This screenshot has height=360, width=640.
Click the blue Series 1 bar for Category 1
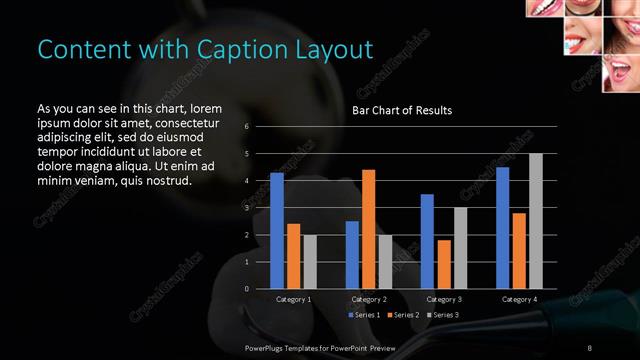coord(277,231)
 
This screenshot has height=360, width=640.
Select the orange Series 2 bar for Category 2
coord(368,229)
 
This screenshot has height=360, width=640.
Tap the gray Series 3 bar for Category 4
coord(536,221)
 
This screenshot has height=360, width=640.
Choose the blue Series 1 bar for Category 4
coord(502,228)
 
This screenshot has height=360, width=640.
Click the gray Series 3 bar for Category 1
coord(310,262)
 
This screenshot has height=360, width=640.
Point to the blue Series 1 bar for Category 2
coord(352,255)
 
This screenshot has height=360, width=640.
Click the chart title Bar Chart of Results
coord(402,110)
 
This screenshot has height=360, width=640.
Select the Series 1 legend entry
coord(362,315)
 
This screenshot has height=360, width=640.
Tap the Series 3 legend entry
coord(442,315)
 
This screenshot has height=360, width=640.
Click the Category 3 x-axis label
coord(444,299)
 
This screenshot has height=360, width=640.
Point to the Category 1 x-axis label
coord(294,299)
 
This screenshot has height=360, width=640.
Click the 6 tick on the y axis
coord(247,127)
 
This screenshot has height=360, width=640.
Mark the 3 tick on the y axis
coord(247,208)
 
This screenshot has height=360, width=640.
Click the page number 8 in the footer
coord(589,346)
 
